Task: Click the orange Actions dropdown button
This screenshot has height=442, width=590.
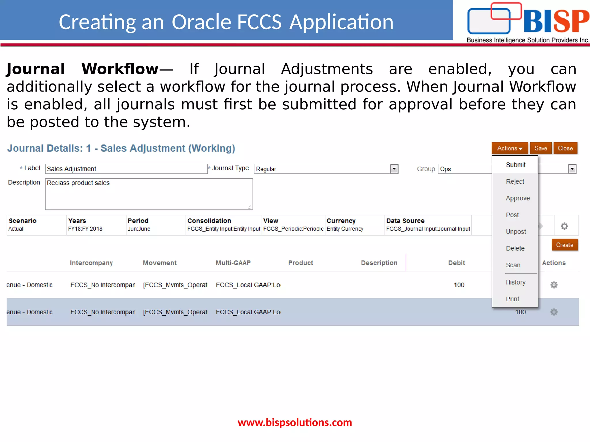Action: (x=509, y=148)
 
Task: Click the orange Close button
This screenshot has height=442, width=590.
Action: (x=565, y=148)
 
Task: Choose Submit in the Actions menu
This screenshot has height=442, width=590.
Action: (x=515, y=165)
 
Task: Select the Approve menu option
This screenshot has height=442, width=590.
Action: (x=518, y=198)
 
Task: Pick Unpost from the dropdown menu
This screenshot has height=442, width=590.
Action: (x=516, y=232)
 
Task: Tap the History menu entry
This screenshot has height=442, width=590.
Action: (x=515, y=282)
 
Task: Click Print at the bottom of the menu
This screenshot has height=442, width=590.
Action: (x=512, y=299)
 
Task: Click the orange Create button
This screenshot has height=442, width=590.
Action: (x=564, y=245)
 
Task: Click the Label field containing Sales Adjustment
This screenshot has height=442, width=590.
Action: (x=126, y=169)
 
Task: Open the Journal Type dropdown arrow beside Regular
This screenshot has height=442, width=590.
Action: (x=394, y=169)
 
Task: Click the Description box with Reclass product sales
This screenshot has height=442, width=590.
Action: (x=149, y=194)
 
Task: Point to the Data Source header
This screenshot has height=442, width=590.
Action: (x=405, y=221)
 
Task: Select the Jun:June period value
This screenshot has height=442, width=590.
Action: (x=139, y=229)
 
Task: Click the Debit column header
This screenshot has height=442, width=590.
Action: (x=456, y=263)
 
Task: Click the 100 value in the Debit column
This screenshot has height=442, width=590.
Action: (x=459, y=285)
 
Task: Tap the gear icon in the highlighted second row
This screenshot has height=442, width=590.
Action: (x=554, y=312)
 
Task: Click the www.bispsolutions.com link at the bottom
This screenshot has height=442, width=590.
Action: (x=295, y=422)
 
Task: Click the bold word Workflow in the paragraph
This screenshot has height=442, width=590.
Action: (x=120, y=69)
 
